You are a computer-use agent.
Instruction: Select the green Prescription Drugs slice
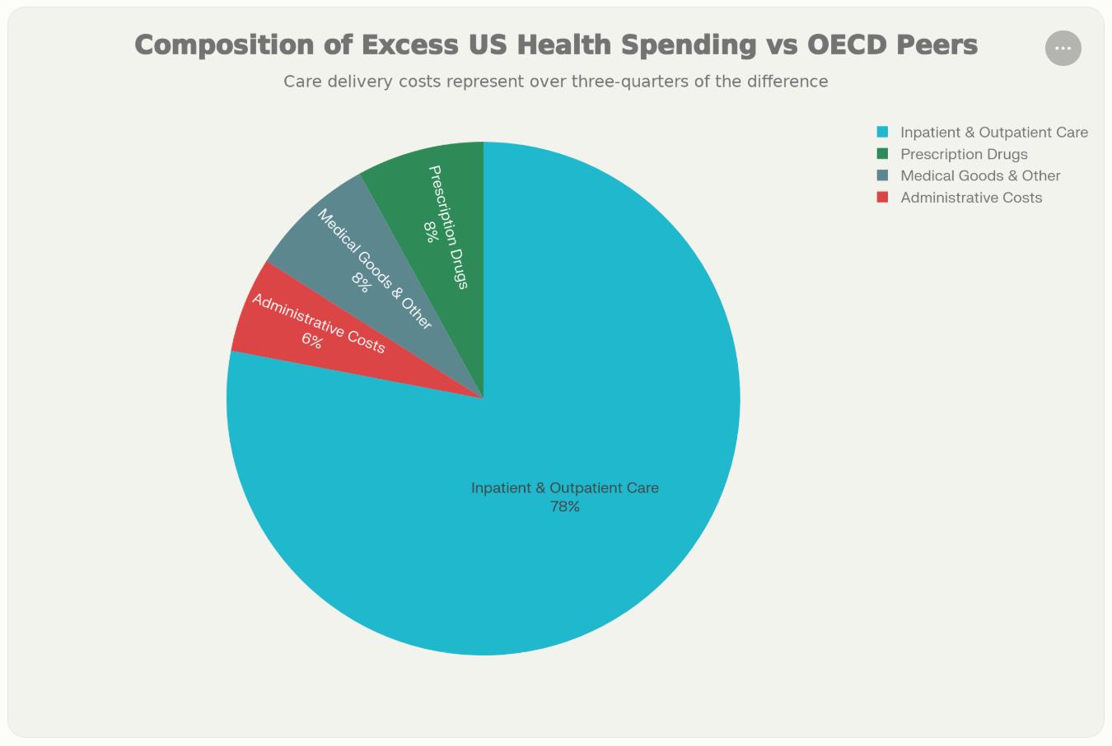coord(457,189)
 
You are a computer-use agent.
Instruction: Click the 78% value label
coord(565,507)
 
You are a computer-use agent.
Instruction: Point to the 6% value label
coord(311,340)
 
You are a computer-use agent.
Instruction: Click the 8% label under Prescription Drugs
coord(430,232)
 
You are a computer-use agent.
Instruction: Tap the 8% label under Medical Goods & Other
coord(361,282)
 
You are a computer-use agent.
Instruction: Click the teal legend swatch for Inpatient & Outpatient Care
coord(882,132)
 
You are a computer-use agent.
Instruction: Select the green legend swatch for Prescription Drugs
coord(882,154)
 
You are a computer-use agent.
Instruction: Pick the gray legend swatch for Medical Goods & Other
coord(882,175)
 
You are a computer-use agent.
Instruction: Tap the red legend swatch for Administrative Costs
coord(882,198)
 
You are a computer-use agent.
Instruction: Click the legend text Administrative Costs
coord(971,198)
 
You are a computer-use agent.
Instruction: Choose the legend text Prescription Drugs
coord(964,154)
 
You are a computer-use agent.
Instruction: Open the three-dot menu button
coord(1063,48)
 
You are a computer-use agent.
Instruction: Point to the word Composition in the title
coord(223,44)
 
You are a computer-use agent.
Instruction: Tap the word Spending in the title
coord(688,44)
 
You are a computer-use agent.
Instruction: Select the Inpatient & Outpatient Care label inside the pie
coord(565,488)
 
